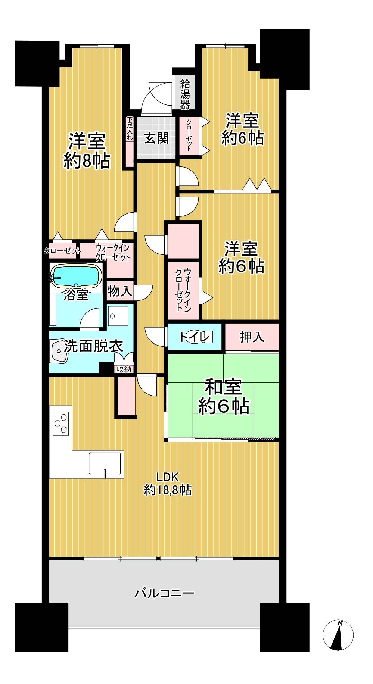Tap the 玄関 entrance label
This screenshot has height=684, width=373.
(x=156, y=138)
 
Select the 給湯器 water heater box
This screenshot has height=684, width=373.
(x=185, y=93)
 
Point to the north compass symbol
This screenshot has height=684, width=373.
(x=338, y=634)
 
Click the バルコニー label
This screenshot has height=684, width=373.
(x=164, y=593)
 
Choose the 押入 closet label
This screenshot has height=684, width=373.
(x=252, y=337)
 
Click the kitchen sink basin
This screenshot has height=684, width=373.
(x=106, y=463)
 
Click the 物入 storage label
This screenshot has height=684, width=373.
(x=120, y=291)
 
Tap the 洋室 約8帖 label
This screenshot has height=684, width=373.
(x=86, y=151)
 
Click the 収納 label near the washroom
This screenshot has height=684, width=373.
(x=124, y=369)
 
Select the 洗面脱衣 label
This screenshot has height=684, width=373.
(x=93, y=346)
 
